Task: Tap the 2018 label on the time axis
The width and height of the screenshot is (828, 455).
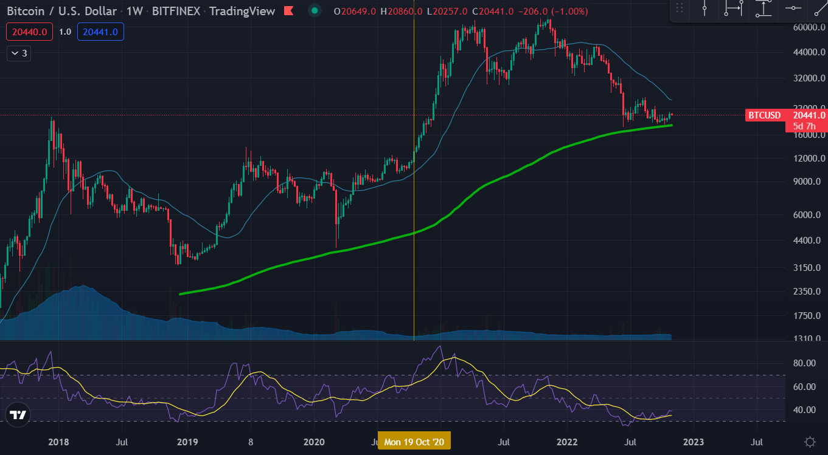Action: click(x=58, y=442)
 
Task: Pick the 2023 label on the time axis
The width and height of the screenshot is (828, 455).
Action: click(x=694, y=442)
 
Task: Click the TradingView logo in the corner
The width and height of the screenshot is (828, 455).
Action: click(x=18, y=416)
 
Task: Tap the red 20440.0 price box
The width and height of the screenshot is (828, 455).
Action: click(x=29, y=32)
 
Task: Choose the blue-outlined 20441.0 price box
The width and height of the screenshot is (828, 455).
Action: click(x=100, y=32)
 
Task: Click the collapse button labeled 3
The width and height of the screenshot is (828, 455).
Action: click(x=18, y=53)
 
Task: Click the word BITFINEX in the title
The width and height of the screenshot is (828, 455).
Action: click(x=177, y=11)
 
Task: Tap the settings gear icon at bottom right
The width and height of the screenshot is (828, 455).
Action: click(x=810, y=442)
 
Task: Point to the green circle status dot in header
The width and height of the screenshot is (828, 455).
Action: click(x=314, y=10)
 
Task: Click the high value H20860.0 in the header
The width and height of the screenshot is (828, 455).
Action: click(x=396, y=11)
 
